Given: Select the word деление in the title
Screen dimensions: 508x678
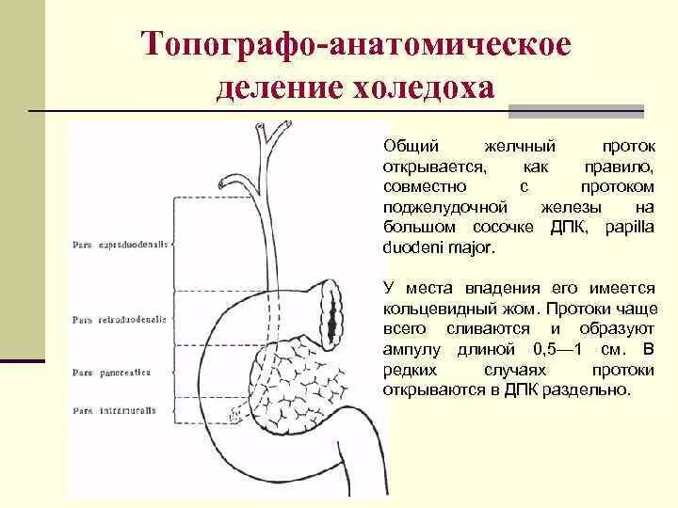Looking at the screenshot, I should [280, 88].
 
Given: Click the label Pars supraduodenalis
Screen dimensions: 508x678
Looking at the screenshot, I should [120, 245].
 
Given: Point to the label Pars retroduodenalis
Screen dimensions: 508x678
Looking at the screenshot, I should [120, 320].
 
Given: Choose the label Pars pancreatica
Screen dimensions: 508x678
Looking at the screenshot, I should [114, 372].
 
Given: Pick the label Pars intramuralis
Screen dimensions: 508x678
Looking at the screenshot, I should [116, 410].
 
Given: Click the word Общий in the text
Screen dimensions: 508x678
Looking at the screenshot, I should [407, 147].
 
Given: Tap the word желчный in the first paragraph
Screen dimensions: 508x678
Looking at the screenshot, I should [519, 147].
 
